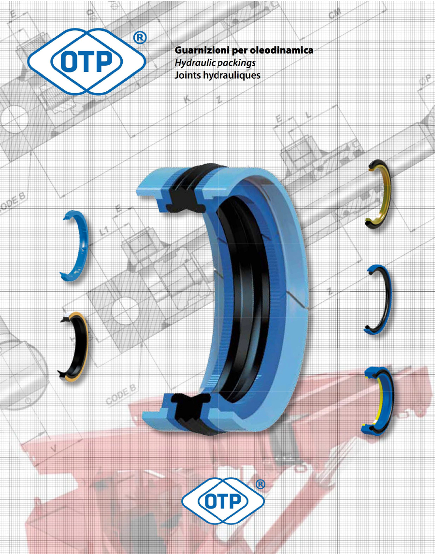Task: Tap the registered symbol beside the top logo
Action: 140,39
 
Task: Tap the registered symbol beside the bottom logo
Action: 260,483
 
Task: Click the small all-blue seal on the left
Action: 75,247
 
